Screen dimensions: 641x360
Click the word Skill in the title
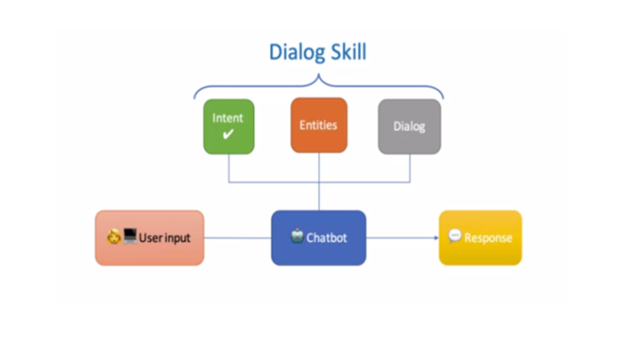coord(348,51)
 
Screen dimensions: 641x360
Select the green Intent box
coord(229,126)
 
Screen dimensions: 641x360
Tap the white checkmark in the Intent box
coord(228,133)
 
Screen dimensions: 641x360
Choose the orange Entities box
coord(319,125)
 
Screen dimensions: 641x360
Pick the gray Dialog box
coord(409,126)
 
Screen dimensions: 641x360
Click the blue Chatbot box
coord(319,238)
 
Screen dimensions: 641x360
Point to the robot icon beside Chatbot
coord(297,236)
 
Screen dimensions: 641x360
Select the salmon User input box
coord(149,238)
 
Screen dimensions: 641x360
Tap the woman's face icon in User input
coord(114,237)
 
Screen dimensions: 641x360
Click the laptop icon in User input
coord(130,236)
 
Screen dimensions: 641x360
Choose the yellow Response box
coord(481,238)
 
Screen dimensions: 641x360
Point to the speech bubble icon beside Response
coord(455,236)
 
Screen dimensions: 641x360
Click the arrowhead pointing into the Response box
coord(436,238)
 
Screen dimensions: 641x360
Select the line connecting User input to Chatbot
coord(238,238)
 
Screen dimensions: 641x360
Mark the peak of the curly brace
coord(319,75)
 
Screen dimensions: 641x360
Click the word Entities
coord(319,125)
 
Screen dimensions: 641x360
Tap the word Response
coord(488,239)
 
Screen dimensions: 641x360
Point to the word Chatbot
coord(326,238)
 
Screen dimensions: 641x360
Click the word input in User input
coord(176,239)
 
